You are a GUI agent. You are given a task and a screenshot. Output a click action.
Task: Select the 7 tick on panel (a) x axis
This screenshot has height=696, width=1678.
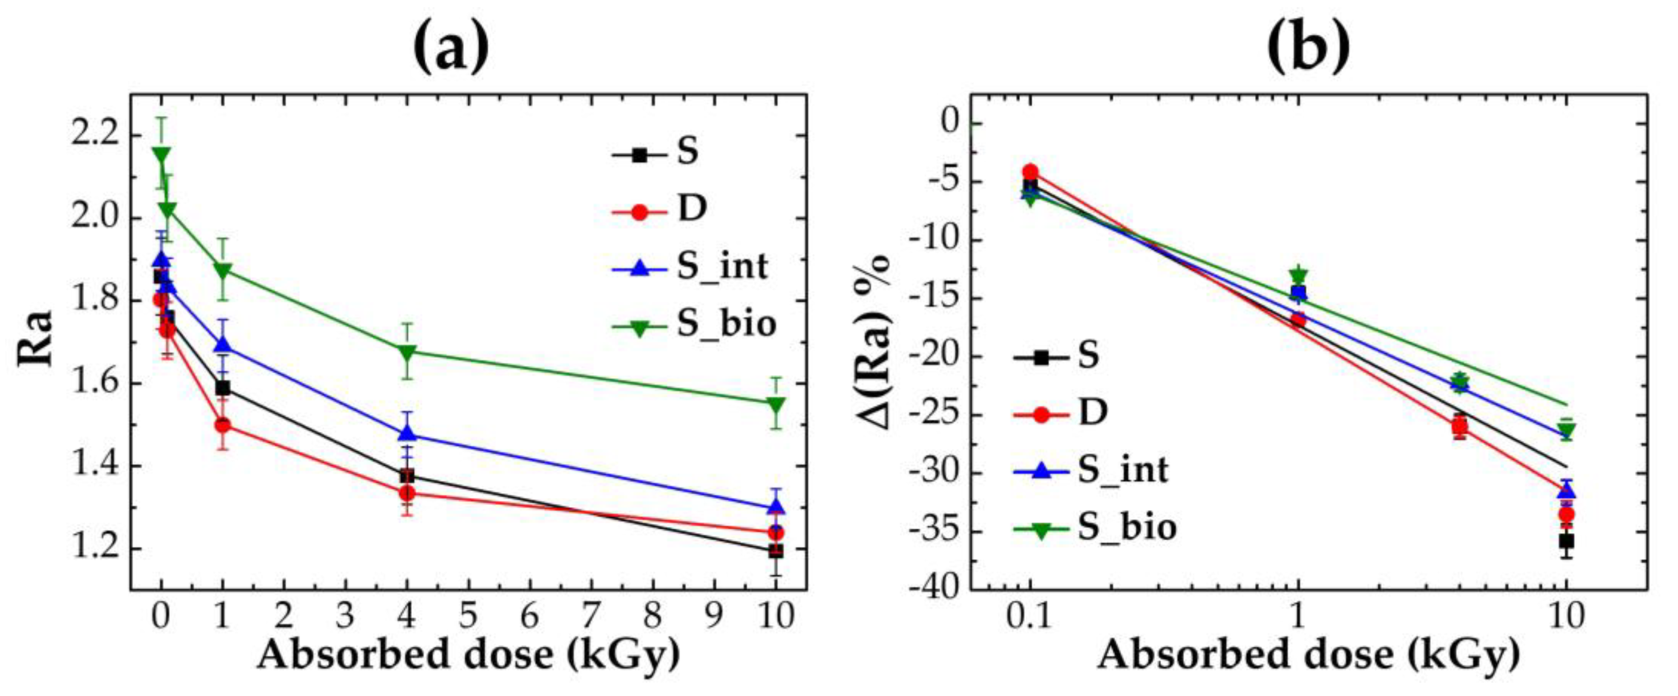pyautogui.click(x=591, y=616)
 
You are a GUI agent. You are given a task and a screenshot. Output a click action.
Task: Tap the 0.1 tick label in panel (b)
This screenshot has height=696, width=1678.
pyautogui.click(x=1029, y=616)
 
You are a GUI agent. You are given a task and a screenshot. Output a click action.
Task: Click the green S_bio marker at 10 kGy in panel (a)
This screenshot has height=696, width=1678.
pyautogui.click(x=775, y=404)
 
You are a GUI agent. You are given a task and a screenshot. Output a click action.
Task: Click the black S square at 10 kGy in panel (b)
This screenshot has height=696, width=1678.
pyautogui.click(x=1566, y=541)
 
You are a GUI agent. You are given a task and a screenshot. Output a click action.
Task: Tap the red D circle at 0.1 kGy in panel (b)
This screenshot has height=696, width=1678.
pyautogui.click(x=1030, y=172)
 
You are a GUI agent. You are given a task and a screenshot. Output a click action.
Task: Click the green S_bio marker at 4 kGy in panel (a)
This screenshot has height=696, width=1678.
pyautogui.click(x=407, y=352)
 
